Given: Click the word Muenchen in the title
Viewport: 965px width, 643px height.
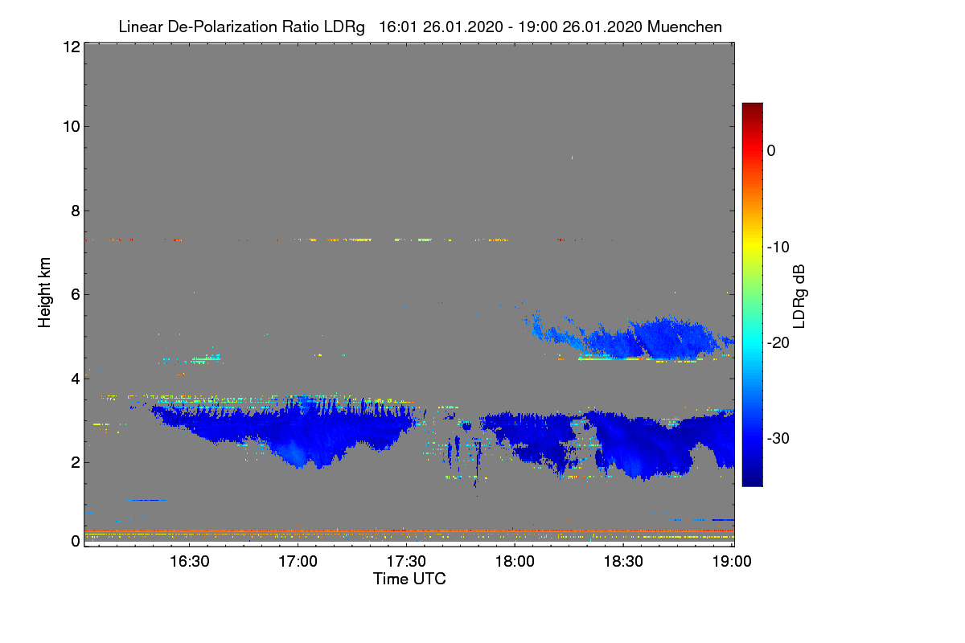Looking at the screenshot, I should click(687, 27).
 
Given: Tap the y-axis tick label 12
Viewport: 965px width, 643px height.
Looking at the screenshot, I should click(70, 47).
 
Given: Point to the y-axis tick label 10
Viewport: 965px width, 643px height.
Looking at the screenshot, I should click(70, 126).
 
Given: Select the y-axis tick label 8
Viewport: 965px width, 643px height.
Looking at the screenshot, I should click(74, 211).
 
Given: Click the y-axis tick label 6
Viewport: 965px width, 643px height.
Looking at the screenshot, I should click(74, 294).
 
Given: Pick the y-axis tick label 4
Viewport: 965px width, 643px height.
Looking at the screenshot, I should click(74, 378).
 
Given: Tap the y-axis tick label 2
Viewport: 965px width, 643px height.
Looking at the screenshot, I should click(74, 461).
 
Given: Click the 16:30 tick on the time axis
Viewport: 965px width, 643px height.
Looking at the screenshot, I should click(190, 563).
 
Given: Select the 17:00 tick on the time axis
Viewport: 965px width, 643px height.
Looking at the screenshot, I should click(298, 563).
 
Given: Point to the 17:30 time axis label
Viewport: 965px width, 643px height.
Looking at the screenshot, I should click(407, 563).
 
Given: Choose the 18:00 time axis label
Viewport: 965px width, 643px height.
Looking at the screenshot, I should click(515, 563).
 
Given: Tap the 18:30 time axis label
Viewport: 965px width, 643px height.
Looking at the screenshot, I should click(623, 563).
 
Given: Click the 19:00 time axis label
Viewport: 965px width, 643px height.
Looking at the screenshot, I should click(731, 563).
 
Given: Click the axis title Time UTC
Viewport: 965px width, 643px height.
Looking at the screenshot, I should click(409, 579).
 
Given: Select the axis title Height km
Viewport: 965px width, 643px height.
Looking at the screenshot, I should click(45, 293).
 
